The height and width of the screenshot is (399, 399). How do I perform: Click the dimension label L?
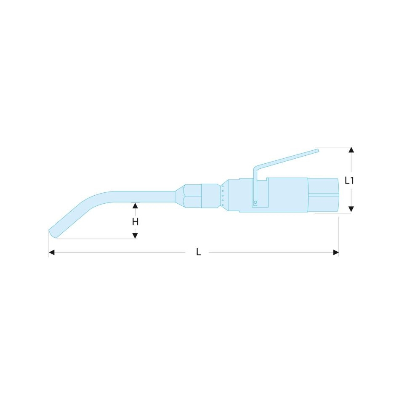click(x=199, y=252)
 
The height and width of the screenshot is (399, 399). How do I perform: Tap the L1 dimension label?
click(x=349, y=181)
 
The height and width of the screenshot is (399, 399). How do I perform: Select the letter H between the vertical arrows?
click(x=135, y=222)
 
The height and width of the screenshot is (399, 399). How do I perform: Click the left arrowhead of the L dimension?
click(x=51, y=253)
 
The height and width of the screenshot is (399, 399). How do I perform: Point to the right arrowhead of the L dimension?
click(x=336, y=253)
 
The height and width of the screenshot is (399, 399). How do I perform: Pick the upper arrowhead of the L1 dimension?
click(x=351, y=150)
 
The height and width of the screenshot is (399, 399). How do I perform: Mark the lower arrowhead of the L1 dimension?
click(x=351, y=209)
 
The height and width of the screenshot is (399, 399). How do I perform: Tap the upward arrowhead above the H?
click(x=135, y=206)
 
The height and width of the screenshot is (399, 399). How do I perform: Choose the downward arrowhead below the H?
click(x=135, y=236)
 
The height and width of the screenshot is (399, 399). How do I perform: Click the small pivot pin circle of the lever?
click(x=255, y=202)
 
